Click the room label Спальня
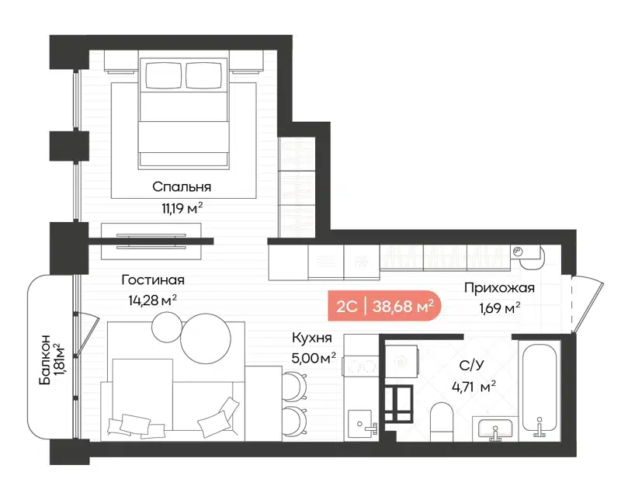coord(182,186)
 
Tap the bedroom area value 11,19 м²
coord(182,207)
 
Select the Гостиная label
coord(152,280)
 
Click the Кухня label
coord(312,338)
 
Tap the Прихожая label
coord(499,288)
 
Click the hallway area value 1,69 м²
coord(499,308)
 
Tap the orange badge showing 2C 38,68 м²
coord(383,306)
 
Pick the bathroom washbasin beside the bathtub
coord(494,428)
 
